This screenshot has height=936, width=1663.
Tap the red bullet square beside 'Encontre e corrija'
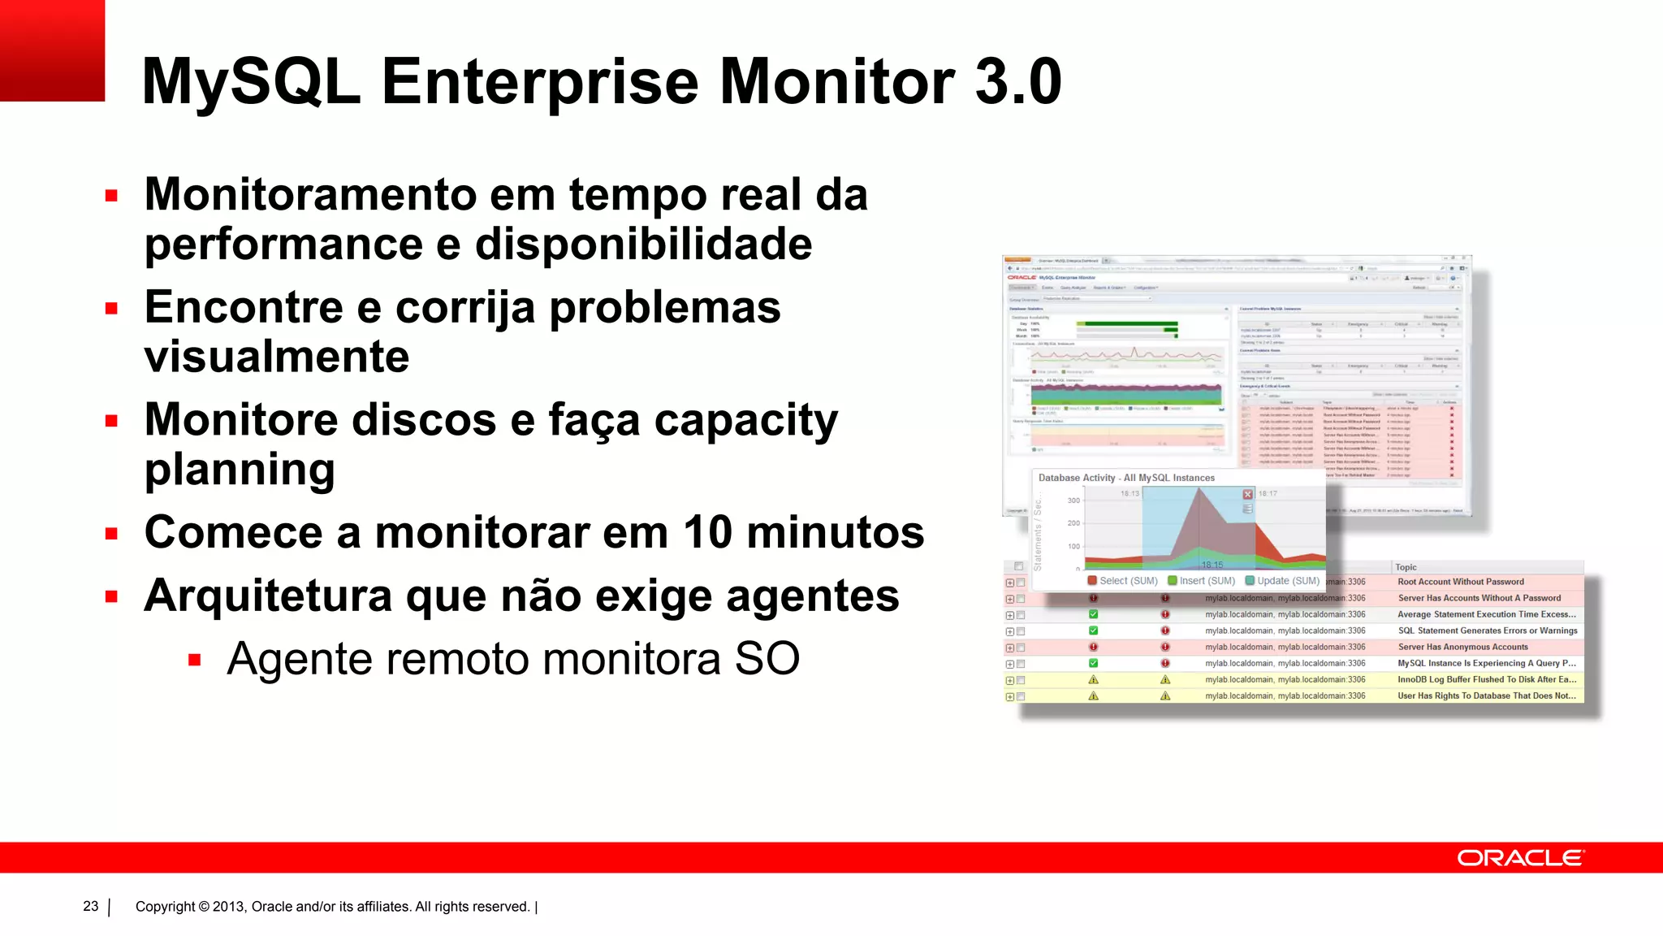coord(112,309)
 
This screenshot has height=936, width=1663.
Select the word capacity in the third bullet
coord(745,421)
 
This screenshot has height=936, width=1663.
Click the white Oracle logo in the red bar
coord(1519,858)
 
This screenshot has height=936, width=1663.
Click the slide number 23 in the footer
coord(91,906)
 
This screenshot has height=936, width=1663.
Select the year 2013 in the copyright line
coord(228,907)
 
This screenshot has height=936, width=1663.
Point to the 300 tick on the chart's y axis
coord(1073,500)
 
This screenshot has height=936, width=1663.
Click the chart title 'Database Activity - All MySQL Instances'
coord(1126,478)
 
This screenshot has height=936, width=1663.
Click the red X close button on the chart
coord(1248,494)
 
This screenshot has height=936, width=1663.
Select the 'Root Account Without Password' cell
coord(1460,582)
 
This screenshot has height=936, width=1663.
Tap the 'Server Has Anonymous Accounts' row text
coord(1462,647)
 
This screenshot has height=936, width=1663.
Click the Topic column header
coord(1406,567)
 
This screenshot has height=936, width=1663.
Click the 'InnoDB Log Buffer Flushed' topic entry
coord(1486,679)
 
